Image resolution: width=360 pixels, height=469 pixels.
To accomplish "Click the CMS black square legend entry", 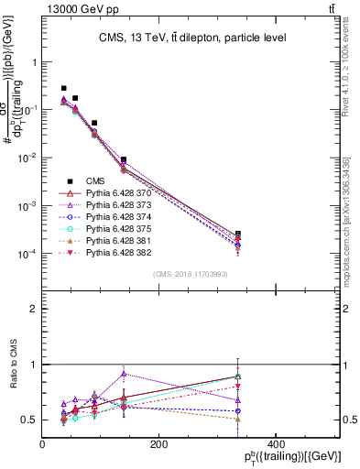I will (96, 181).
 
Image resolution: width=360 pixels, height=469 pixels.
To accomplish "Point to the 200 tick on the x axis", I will (159, 444).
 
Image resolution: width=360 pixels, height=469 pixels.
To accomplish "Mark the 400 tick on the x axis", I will (277, 444).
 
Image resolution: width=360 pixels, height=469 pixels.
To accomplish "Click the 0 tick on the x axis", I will (42, 444).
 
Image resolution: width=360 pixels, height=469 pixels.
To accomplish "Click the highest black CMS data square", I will (63, 88).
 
